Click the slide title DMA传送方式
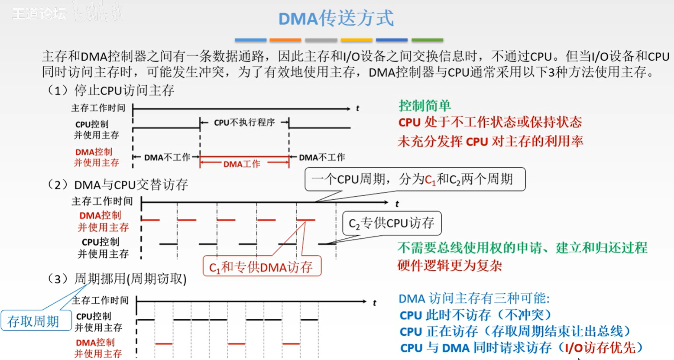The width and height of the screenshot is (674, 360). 336,19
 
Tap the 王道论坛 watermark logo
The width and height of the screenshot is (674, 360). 39,14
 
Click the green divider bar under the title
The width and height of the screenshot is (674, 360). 427,40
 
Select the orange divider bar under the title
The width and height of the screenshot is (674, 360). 285,40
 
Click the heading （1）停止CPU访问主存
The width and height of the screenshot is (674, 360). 111,90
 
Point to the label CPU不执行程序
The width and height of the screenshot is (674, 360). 244,123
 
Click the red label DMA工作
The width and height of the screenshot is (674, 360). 242,164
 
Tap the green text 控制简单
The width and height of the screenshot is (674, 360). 424,105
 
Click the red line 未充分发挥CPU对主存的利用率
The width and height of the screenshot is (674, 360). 490,141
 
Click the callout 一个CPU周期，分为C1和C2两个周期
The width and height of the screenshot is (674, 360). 415,179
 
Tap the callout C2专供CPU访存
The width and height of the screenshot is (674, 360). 392,223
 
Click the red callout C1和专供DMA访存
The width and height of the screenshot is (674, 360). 261,267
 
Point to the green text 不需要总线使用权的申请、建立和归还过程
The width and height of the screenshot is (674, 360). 522,248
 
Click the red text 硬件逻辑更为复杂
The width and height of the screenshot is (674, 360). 450,265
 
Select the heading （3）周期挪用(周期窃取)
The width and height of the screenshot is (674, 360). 117,279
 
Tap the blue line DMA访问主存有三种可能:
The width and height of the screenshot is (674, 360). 474,298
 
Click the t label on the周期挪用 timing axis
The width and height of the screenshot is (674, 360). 374,303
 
